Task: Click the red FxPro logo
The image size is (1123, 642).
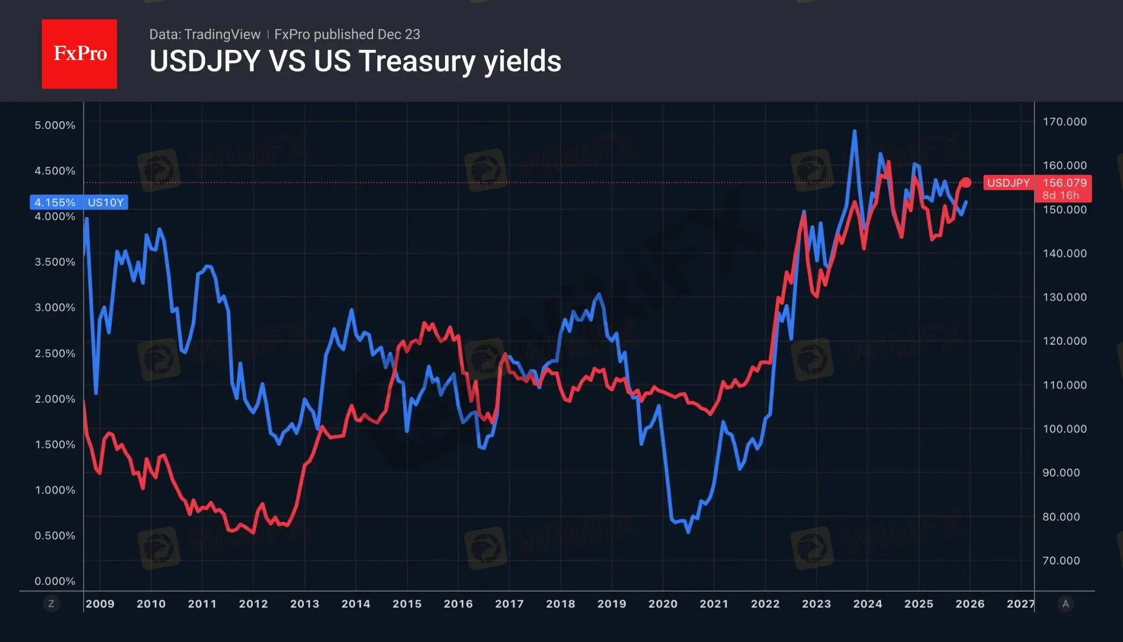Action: pos(79,54)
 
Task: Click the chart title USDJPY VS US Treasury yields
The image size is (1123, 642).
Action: pos(355,61)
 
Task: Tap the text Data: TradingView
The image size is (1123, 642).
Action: pos(205,34)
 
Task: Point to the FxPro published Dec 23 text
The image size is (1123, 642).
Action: pos(347,34)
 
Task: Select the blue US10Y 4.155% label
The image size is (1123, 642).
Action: pos(79,202)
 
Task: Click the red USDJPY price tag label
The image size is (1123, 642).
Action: pos(1008,183)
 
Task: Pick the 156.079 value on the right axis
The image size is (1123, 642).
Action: pos(1064,183)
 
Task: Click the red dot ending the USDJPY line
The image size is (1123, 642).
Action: pos(966,183)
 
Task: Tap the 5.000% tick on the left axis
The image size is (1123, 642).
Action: pos(55,125)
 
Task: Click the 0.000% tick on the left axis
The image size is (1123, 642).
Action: pos(55,581)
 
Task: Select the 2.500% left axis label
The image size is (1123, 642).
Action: pos(55,353)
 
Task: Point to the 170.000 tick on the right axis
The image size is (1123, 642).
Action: pos(1064,122)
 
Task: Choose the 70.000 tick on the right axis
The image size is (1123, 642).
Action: pos(1061,560)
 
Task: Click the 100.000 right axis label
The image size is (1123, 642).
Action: pos(1064,429)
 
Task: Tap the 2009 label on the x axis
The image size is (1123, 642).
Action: pos(100,604)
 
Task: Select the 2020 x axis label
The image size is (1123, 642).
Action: pos(663,604)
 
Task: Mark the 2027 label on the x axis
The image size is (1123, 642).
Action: pos(1020,604)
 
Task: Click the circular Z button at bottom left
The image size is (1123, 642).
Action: pos(51,604)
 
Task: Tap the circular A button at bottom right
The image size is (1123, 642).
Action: pos(1066,604)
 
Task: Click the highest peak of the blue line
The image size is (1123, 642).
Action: pos(855,131)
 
